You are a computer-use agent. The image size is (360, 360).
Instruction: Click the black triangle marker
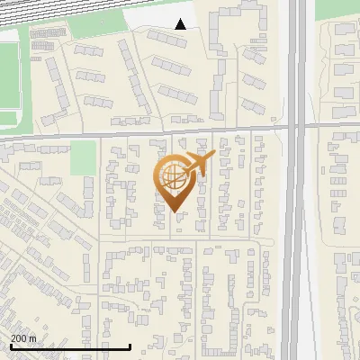coord(181,24)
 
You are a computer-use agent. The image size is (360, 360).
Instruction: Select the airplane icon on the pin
coord(197,164)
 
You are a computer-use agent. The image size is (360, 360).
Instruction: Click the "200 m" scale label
coord(23,338)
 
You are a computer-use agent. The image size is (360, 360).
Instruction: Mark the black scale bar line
coord(70,346)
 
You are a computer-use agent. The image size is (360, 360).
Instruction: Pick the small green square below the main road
coord(83,157)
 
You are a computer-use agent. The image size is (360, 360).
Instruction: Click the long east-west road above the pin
coord(135,132)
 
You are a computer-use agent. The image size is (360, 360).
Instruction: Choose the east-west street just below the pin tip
coord(180,241)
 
